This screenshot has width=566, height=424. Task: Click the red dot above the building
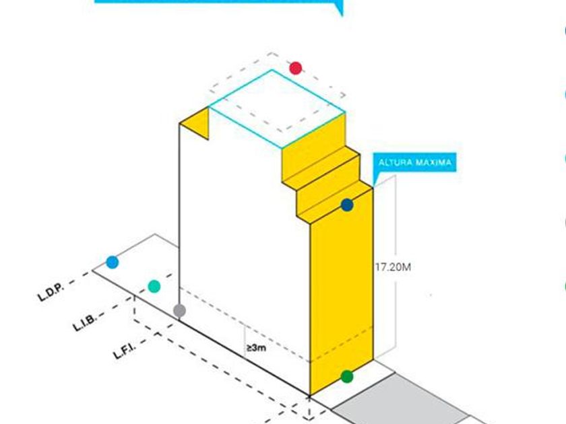[295, 68]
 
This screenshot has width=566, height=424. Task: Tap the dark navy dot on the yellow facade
[347, 205]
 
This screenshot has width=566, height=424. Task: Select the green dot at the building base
[346, 377]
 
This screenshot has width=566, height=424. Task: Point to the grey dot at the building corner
[179, 311]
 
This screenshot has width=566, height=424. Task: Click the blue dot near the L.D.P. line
[112, 262]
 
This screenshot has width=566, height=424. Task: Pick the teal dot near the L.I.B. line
[154, 287]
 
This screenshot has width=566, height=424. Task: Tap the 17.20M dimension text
[393, 267]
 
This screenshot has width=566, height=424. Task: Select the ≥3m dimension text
[255, 348]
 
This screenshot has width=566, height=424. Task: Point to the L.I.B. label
[85, 322]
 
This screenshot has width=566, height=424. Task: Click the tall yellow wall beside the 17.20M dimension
[340, 296]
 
